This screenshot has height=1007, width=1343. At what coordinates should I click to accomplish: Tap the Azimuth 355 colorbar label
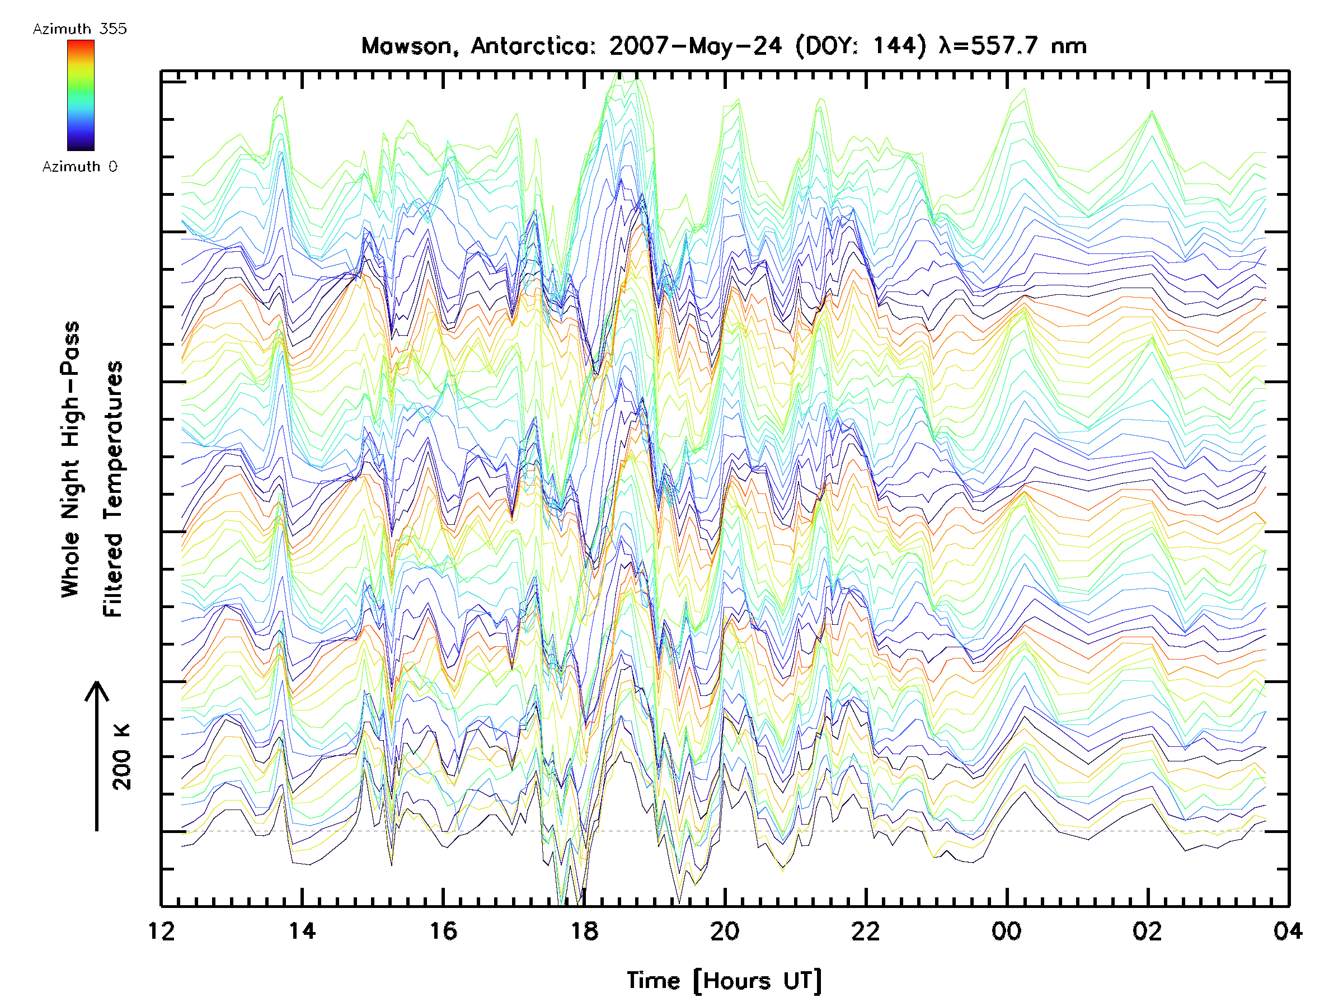pyautogui.click(x=79, y=29)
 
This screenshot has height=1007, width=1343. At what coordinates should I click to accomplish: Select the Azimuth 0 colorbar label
pyautogui.click(x=79, y=167)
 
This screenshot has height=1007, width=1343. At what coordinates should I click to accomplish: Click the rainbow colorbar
pyautogui.click(x=81, y=95)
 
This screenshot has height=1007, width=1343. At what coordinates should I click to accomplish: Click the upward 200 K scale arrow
pyautogui.click(x=97, y=756)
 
